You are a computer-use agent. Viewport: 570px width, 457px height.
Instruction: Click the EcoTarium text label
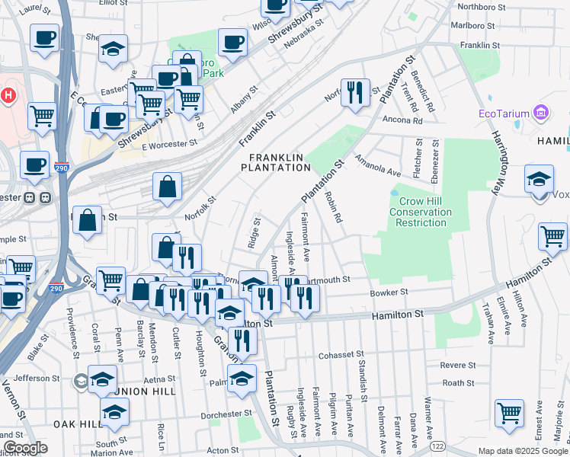[503, 114]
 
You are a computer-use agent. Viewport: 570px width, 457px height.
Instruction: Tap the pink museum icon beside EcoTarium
[542, 113]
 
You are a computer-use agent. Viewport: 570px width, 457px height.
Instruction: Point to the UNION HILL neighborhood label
[146, 391]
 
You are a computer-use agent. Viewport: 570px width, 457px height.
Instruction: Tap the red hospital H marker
[8, 96]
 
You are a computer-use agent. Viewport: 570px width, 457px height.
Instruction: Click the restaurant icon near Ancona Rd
[354, 93]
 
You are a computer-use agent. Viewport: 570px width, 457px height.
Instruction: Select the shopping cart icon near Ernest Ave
[509, 413]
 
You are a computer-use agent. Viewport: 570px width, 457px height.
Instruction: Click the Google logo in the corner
[24, 448]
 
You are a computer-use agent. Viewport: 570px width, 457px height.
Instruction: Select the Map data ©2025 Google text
[523, 451]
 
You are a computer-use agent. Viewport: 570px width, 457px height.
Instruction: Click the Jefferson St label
[36, 378]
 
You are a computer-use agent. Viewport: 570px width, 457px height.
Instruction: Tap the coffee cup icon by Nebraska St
[232, 43]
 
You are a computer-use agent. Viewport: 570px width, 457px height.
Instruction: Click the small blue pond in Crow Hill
[394, 193]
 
